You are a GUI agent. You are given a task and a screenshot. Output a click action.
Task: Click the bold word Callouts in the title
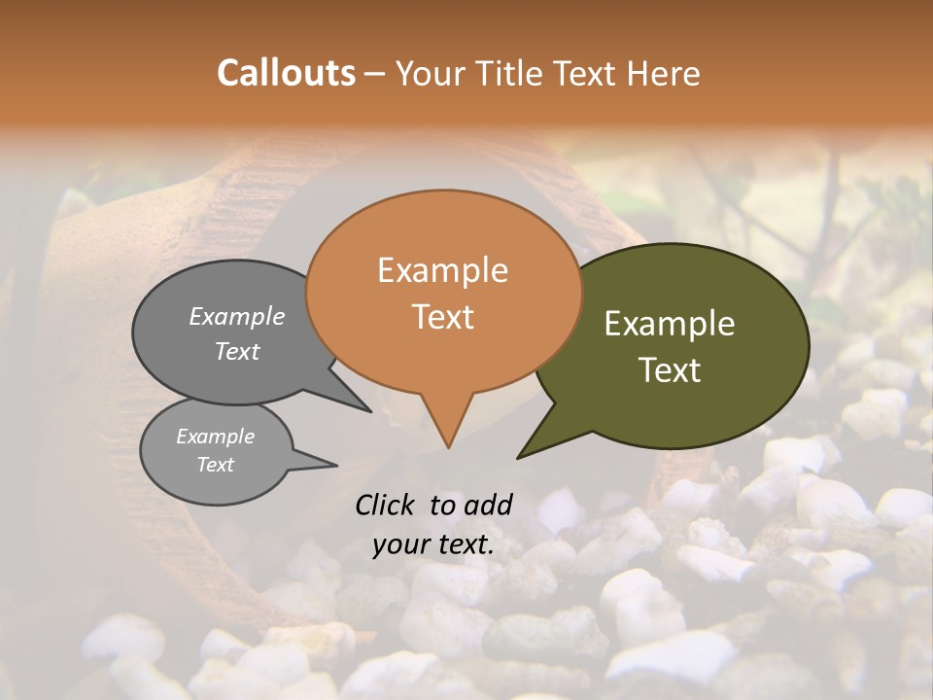(286, 73)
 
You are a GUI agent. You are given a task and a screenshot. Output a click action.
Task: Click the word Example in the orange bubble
(442, 270)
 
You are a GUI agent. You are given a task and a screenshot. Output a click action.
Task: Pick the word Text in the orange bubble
(442, 316)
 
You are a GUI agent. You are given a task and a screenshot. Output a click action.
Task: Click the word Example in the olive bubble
(670, 324)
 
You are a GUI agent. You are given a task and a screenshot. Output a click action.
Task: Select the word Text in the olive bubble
(670, 370)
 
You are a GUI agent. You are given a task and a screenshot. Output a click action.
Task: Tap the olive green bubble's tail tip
(519, 457)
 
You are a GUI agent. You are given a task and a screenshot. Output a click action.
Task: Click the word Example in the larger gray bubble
(236, 317)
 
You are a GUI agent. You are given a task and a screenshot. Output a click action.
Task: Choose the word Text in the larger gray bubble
(236, 352)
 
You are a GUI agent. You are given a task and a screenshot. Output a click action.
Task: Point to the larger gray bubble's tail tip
(370, 411)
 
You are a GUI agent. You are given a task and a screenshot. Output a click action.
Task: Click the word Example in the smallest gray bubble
(215, 437)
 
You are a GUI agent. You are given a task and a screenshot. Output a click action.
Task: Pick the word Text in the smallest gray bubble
(215, 465)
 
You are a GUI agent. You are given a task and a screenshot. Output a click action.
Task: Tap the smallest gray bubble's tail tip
(336, 466)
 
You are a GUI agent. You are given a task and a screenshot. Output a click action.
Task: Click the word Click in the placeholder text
(386, 505)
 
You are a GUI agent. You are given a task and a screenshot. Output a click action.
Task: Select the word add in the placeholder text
(487, 505)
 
